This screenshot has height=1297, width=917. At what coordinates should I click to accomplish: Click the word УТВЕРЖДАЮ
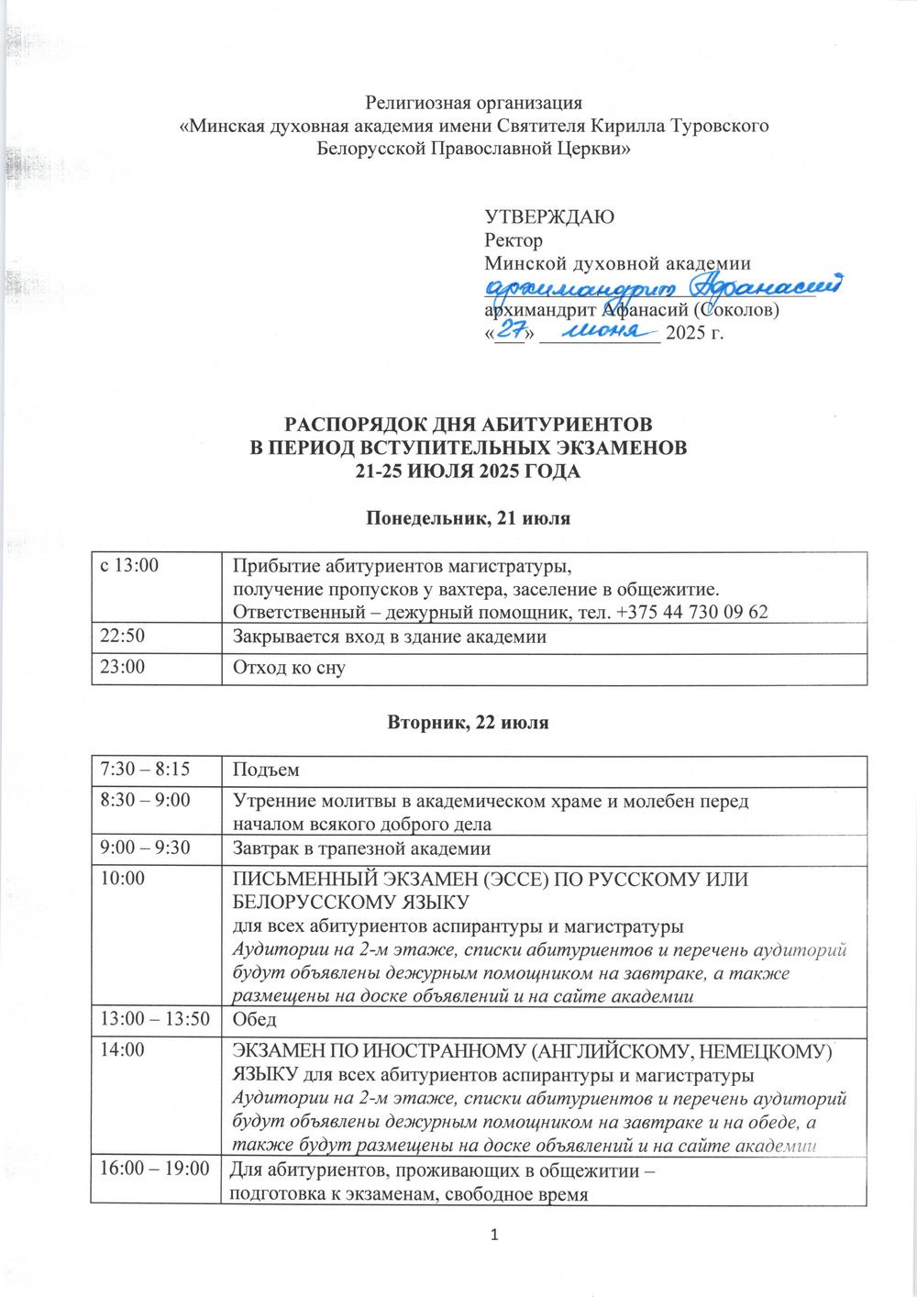(x=548, y=217)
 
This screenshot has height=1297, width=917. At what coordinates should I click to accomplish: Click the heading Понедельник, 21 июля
(x=469, y=519)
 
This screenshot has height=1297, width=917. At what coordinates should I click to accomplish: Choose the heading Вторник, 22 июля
(x=469, y=723)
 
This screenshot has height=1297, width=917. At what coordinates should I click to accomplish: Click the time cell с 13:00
(x=129, y=566)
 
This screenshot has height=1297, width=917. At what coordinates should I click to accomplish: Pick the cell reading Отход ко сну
(x=288, y=669)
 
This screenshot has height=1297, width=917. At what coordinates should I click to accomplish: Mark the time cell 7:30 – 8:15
(x=145, y=767)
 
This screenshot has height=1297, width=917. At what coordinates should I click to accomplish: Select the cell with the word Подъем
(x=267, y=768)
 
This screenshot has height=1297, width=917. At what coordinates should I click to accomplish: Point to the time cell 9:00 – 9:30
(x=145, y=848)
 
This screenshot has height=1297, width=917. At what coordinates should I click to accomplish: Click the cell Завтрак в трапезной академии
(x=362, y=848)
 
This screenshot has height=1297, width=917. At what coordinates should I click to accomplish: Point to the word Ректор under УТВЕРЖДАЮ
(x=513, y=240)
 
